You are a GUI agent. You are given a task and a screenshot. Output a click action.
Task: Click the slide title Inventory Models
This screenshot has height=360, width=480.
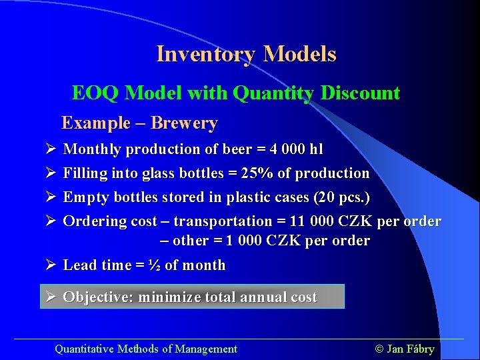246,54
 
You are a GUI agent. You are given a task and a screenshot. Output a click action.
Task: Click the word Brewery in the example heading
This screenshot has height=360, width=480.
184,123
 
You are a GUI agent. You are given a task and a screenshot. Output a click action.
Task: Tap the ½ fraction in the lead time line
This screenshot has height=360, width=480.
154,265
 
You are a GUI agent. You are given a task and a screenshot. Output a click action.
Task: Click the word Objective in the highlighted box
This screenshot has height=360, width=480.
97,297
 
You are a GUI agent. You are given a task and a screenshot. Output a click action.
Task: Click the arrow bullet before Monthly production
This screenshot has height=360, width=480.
50,149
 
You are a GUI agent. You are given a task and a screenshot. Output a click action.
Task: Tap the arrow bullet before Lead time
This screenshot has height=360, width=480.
50,265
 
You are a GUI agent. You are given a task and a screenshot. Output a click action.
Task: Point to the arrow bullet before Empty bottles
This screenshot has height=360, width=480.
50,197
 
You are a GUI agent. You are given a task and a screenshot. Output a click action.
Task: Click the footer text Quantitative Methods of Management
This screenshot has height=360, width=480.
145,349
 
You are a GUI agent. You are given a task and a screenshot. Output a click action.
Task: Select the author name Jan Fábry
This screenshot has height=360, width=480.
411,349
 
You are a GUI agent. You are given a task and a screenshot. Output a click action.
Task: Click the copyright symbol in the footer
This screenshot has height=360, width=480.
379,349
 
